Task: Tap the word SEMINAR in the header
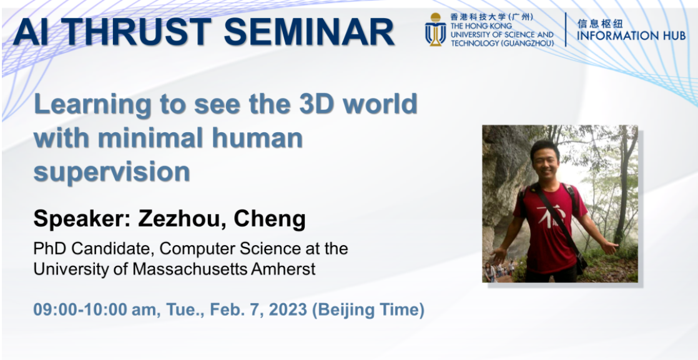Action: (x=309, y=32)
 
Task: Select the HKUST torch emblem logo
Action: (x=435, y=29)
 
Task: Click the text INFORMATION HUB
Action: (x=631, y=36)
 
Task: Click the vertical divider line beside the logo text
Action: (x=566, y=29)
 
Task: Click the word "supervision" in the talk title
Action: (x=112, y=172)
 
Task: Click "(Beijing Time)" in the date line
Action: (x=368, y=310)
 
